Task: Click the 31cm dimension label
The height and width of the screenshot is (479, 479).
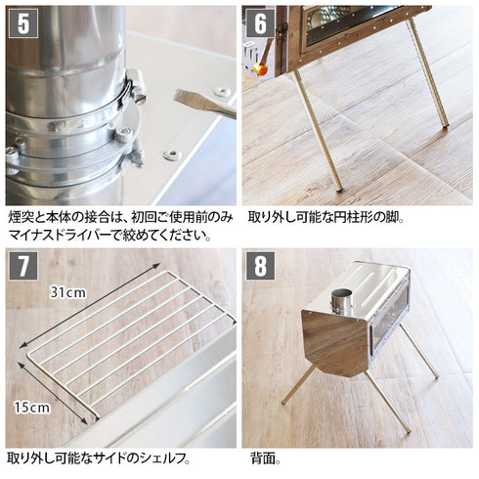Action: (68, 291)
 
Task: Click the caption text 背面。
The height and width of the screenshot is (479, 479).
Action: (264, 457)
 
